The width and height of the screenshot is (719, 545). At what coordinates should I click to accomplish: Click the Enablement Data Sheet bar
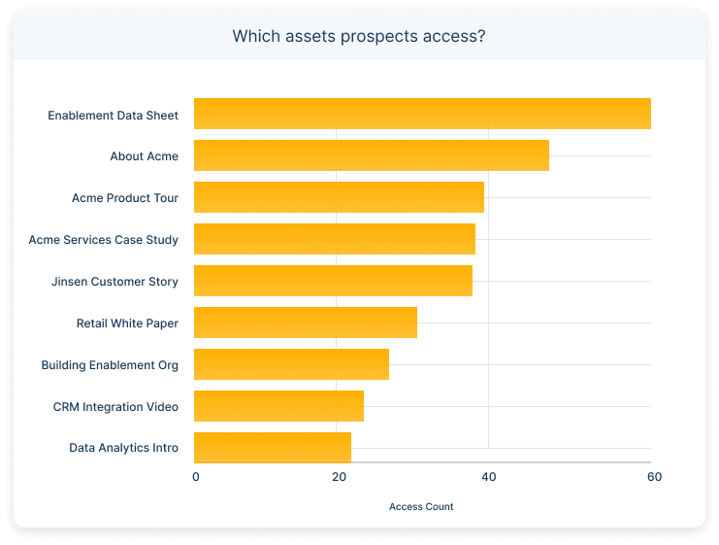point(422,114)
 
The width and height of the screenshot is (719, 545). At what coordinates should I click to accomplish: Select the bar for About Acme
point(372,155)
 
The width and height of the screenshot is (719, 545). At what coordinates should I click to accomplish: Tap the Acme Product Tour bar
point(339,197)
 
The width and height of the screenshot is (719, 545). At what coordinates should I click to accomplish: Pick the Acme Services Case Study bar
point(335,239)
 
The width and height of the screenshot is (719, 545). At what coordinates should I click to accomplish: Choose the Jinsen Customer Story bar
point(333,281)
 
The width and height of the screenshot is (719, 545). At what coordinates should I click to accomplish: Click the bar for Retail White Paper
point(306,323)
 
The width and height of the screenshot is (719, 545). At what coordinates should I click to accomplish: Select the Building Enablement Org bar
point(291,364)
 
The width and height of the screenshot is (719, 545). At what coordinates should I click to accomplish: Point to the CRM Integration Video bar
point(278,406)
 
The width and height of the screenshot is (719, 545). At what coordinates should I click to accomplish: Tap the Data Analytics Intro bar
point(273,448)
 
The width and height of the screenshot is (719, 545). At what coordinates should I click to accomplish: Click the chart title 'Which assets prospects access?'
point(359,37)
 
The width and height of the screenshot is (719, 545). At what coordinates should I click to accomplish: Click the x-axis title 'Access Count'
point(421,506)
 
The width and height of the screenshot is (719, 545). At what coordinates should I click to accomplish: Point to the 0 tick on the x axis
point(196,477)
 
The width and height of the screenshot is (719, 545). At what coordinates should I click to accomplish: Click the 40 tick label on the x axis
point(488,477)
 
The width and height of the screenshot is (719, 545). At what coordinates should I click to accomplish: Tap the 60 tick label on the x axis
point(654,477)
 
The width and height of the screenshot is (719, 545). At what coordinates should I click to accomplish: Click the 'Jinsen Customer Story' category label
point(114,282)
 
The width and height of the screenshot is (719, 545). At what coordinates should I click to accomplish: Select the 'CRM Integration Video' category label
point(115,407)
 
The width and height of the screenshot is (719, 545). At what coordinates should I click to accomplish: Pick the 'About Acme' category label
point(144,156)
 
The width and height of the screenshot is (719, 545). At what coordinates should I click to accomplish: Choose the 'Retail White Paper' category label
point(127,324)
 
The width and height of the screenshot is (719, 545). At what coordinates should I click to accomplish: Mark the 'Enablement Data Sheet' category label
point(113,116)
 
